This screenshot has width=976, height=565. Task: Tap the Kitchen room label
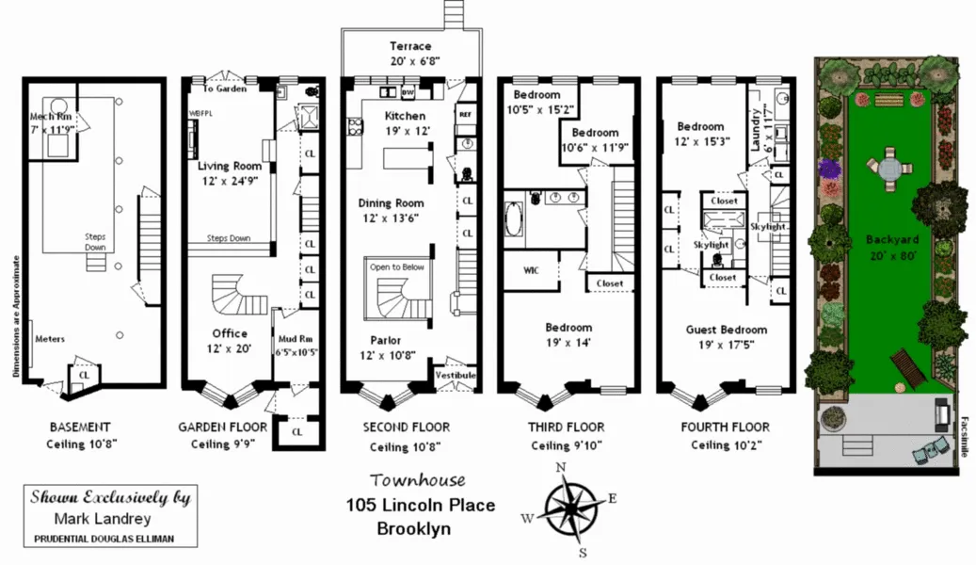(405, 116)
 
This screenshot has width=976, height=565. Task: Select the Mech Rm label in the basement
(50, 117)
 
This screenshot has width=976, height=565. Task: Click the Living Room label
(230, 166)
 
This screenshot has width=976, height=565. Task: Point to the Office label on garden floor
(230, 333)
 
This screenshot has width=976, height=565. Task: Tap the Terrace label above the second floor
(410, 46)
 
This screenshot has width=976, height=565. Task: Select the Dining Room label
(391, 203)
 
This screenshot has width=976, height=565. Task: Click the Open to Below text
(396, 267)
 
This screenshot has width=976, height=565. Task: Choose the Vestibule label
(456, 376)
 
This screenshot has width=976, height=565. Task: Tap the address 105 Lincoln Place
(420, 506)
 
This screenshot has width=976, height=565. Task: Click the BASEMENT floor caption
(80, 427)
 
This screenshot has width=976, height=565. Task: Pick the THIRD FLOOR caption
(565, 427)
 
